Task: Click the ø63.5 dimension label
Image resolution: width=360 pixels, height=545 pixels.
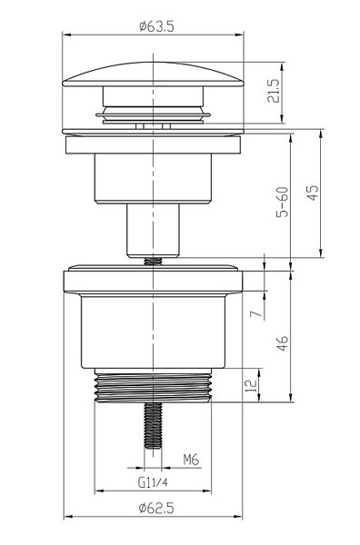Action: (156, 26)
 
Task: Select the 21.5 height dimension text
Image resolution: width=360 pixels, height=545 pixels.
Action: (274, 91)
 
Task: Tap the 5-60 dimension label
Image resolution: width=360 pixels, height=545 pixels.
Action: (283, 202)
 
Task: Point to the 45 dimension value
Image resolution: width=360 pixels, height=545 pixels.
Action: (313, 193)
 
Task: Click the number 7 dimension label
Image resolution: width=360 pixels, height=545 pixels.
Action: (256, 313)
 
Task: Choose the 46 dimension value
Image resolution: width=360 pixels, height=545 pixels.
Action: (283, 343)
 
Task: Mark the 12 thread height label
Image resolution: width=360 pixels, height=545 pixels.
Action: (251, 386)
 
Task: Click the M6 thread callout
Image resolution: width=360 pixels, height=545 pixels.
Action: (191, 460)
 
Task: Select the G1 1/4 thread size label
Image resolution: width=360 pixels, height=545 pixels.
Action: (153, 482)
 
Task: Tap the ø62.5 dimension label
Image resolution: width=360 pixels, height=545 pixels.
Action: (156, 508)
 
